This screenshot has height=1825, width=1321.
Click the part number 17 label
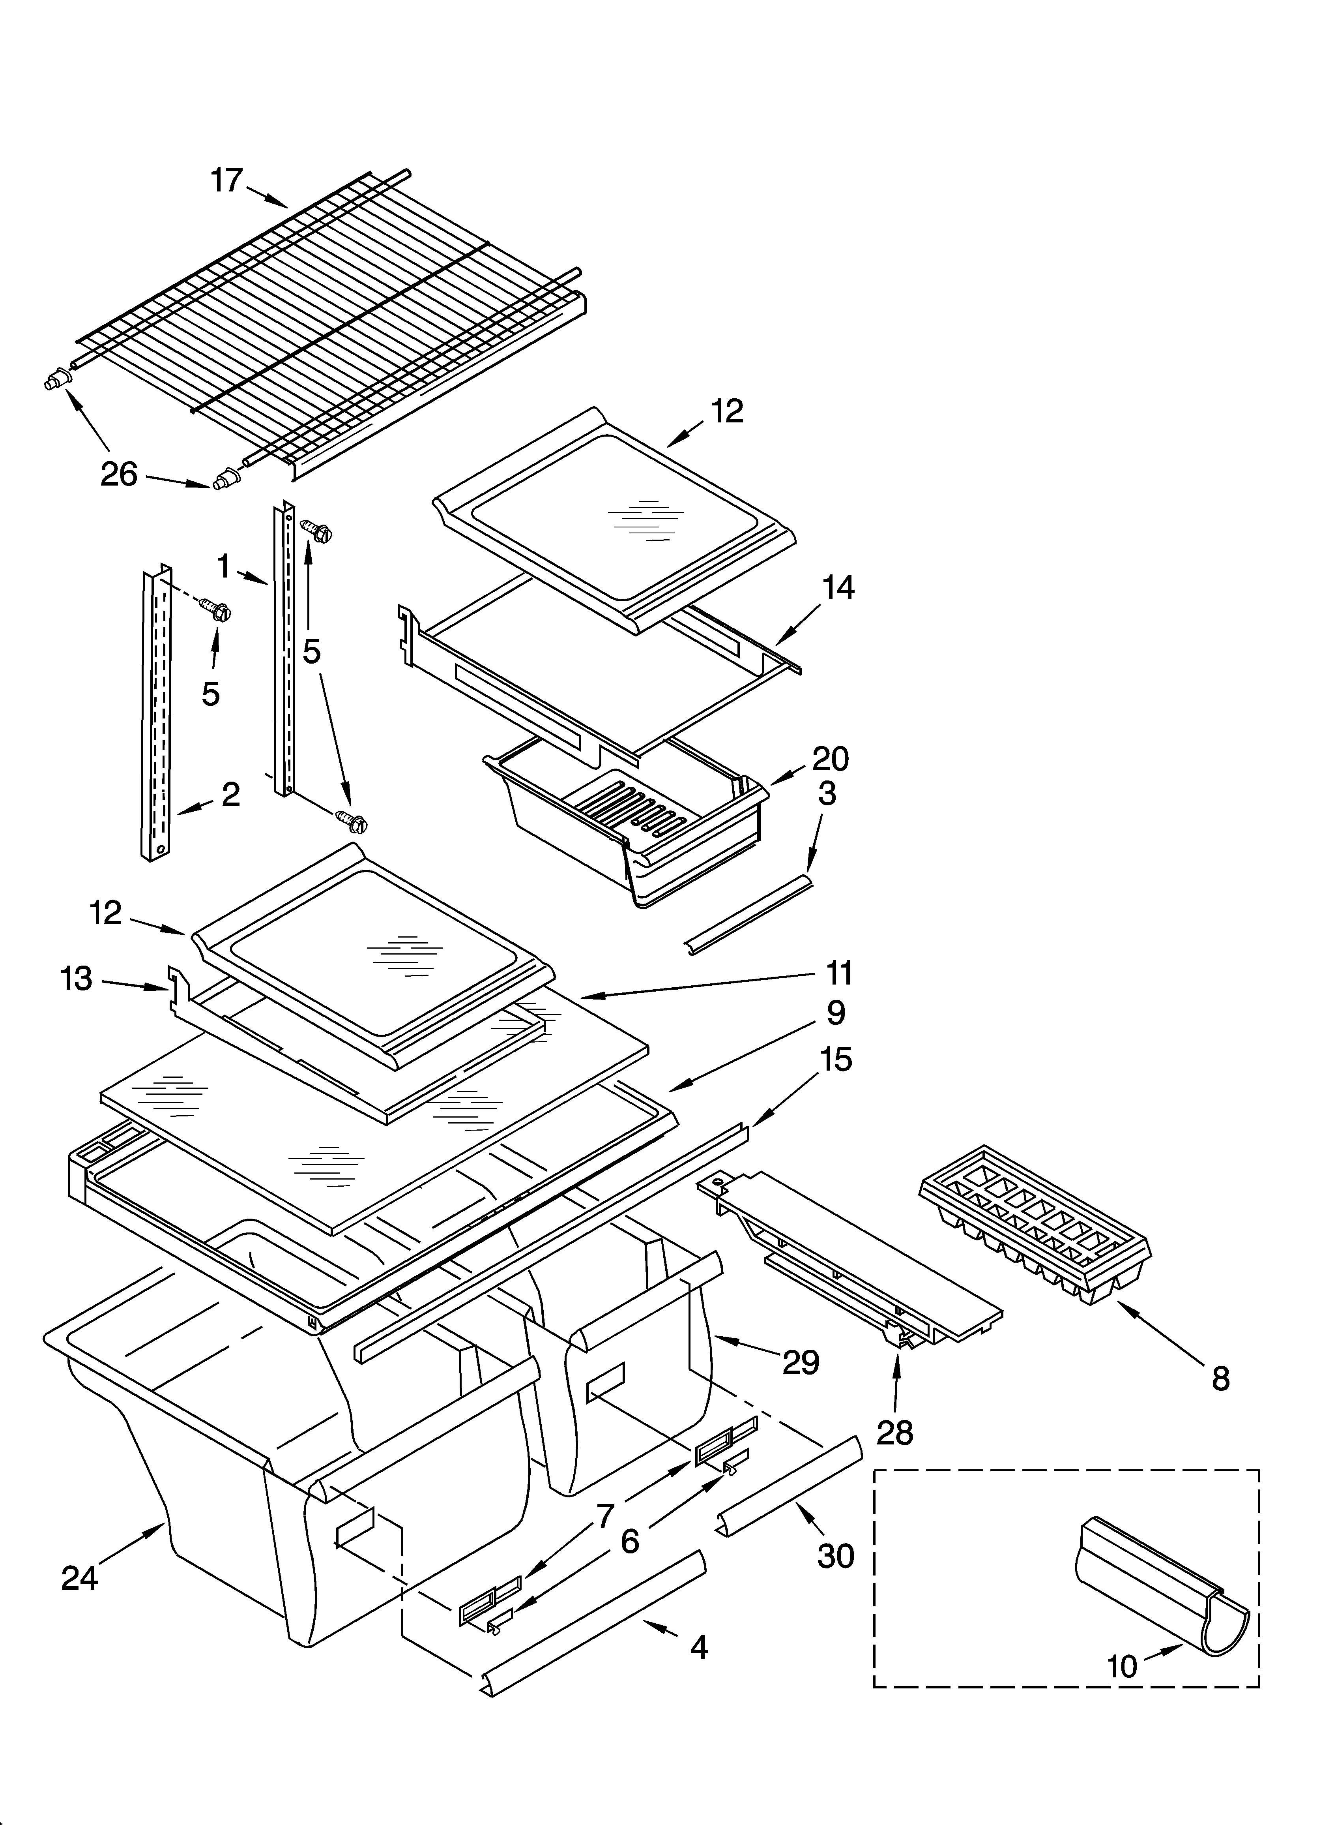coord(226,180)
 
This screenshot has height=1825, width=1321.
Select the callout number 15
coord(837,1059)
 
